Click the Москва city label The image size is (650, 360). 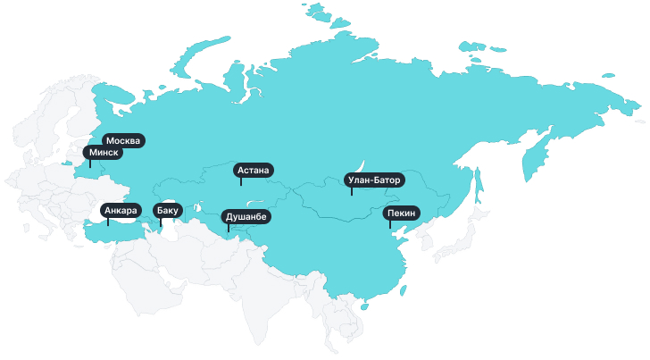click(x=123, y=140)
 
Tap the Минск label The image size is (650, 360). click(x=104, y=153)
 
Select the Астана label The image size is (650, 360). click(x=254, y=170)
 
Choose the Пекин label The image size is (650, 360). click(x=401, y=213)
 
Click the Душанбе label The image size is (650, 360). click(x=245, y=216)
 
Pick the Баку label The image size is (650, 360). click(x=168, y=211)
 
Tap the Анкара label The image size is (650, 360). click(x=120, y=211)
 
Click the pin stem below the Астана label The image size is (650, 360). click(x=241, y=180)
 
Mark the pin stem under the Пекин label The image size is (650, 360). click(x=389, y=223)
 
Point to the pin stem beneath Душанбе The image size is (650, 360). click(x=228, y=227)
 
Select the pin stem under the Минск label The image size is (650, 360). click(x=89, y=163)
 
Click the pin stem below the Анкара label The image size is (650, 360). click(x=108, y=222)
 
